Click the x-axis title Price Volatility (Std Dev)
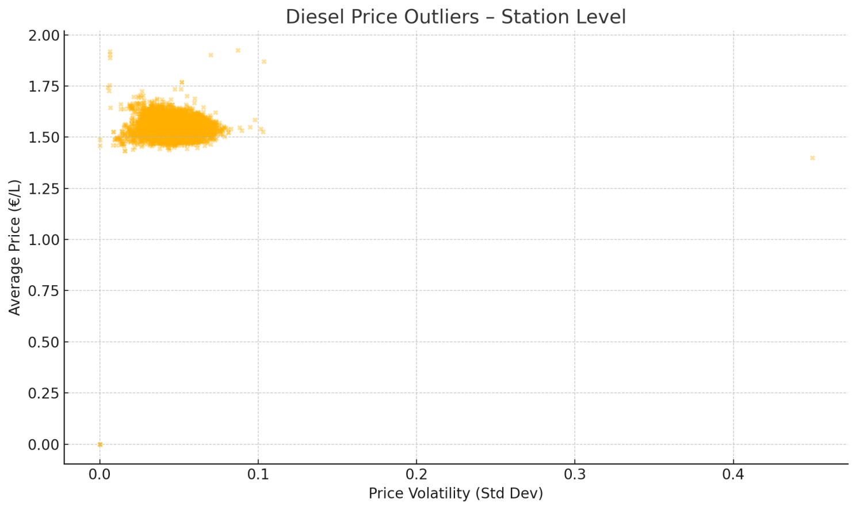[456, 493]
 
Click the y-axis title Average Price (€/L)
[15, 247]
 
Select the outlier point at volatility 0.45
[812, 158]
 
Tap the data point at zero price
[100, 444]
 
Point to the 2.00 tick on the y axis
[44, 36]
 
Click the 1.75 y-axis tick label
[44, 87]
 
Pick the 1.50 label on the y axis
[44, 137]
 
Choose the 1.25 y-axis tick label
[44, 189]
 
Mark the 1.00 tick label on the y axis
[44, 240]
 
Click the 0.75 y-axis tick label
[44, 291]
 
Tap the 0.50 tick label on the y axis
[44, 342]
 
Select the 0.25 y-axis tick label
[44, 393]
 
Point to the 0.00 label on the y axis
[44, 444]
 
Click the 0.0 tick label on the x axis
[100, 475]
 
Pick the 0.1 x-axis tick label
[258, 475]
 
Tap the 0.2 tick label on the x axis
[416, 475]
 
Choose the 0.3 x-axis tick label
[575, 475]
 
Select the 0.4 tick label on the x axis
[733, 475]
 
